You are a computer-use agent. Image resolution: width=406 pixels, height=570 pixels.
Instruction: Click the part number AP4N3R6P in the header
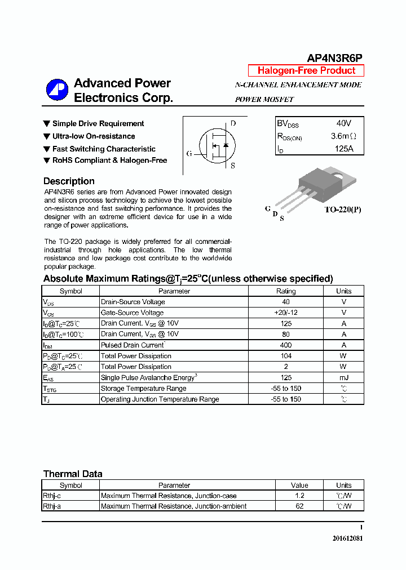334,58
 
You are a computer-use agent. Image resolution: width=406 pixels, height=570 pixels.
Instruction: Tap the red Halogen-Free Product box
306,70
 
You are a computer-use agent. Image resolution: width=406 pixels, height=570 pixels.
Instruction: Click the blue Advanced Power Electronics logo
57,90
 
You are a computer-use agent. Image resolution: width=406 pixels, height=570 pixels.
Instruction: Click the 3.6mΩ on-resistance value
343,136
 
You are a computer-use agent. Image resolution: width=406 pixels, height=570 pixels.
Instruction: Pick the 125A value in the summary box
343,149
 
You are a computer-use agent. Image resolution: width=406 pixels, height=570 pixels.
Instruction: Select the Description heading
69,181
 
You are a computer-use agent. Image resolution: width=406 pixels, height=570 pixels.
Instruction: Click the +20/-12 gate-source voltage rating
285,313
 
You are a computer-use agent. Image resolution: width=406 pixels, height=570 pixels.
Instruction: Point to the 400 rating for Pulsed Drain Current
285,345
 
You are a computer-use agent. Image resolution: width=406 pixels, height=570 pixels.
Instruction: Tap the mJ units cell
343,377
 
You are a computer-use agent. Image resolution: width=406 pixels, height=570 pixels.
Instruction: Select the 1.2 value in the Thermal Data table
299,496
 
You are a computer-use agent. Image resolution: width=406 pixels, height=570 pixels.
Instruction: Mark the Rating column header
285,291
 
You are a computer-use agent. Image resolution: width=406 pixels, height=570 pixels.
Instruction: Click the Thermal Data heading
73,474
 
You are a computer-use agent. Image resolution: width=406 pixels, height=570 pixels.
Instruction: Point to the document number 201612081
347,538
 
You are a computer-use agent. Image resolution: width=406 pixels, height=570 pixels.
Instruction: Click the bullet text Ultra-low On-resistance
94,136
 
